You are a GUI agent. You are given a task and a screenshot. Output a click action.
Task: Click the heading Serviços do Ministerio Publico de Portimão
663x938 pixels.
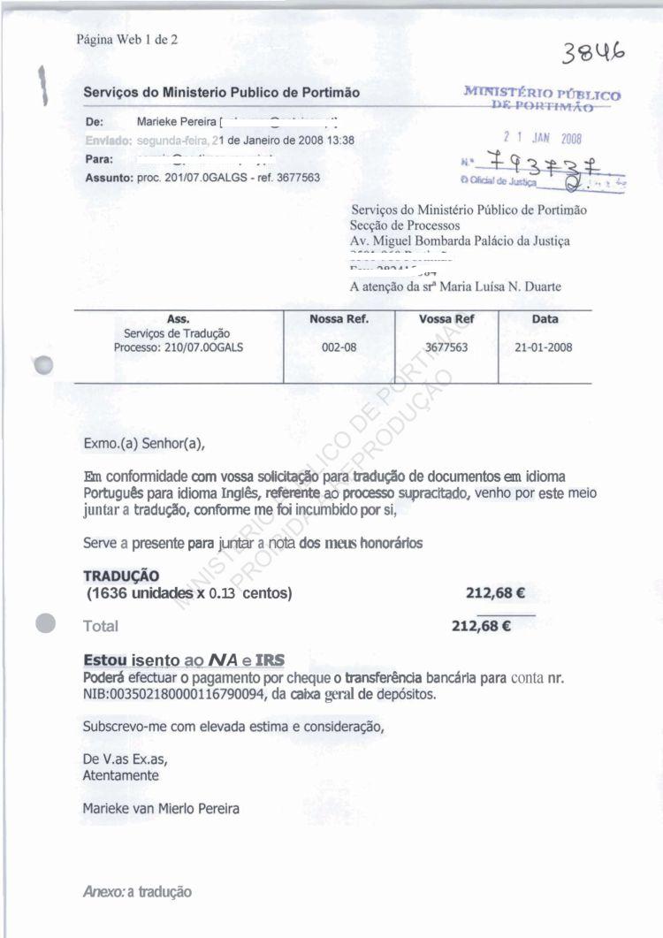[x=222, y=92]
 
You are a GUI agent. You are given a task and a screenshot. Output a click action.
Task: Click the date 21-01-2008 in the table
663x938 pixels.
[x=543, y=347]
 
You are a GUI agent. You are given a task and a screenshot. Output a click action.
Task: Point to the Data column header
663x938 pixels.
[x=544, y=319]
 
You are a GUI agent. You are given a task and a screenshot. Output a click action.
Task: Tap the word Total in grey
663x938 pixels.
[x=101, y=627]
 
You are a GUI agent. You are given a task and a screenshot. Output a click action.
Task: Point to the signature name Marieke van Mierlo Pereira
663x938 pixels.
[x=160, y=808]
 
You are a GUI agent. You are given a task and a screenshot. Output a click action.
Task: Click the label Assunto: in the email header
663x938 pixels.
[x=108, y=177]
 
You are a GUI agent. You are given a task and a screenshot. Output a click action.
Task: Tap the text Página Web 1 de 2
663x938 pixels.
[x=126, y=39]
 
